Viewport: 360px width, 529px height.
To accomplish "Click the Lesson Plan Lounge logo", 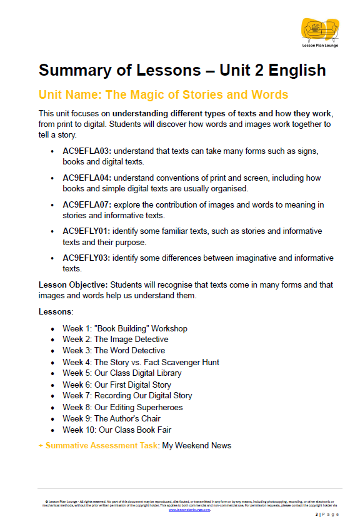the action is click(319, 32).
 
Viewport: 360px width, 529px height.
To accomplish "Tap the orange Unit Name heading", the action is click(163, 95).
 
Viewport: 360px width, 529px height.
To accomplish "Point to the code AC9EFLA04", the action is click(86, 178).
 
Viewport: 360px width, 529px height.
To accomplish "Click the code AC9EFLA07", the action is click(86, 204).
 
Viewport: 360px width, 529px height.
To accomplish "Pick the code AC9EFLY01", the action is click(86, 231).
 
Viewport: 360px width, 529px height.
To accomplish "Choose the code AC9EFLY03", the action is click(86, 258).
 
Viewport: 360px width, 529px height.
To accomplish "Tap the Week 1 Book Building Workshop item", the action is click(124, 328).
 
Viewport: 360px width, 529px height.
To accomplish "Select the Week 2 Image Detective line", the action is click(115, 340).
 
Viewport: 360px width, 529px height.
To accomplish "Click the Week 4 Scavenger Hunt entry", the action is click(141, 362).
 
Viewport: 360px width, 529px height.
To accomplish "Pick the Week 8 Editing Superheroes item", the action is click(122, 407).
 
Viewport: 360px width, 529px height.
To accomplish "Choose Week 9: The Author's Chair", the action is click(111, 418).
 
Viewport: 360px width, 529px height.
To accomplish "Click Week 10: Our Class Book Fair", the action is click(117, 430).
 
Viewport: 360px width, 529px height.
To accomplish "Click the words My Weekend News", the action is click(197, 446).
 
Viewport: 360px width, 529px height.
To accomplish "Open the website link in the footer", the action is click(189, 510).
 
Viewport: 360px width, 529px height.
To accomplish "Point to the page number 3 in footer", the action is click(316, 514).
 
